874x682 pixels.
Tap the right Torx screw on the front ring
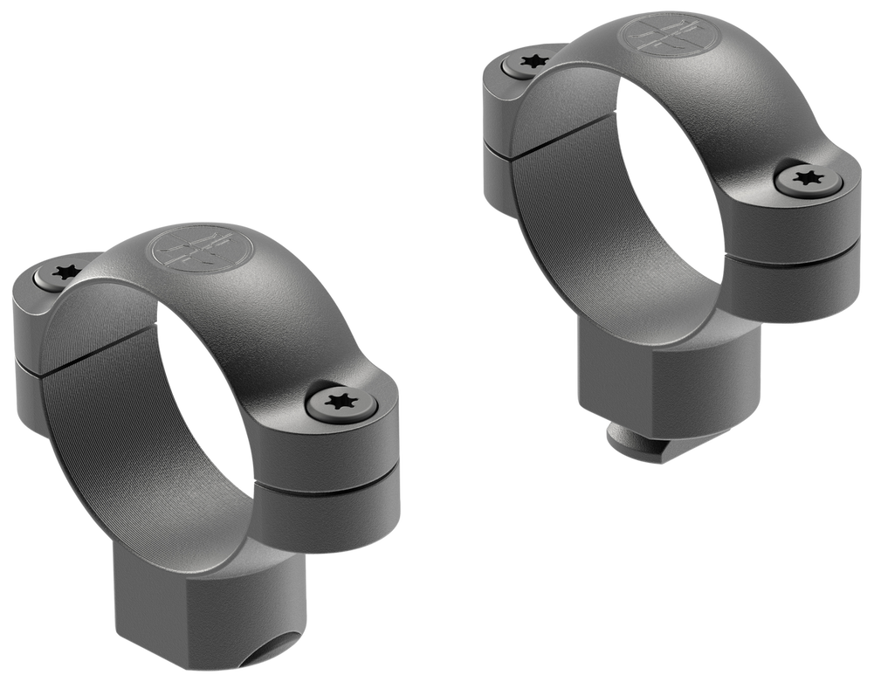coord(344,403)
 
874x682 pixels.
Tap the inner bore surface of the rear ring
coord(568,201)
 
